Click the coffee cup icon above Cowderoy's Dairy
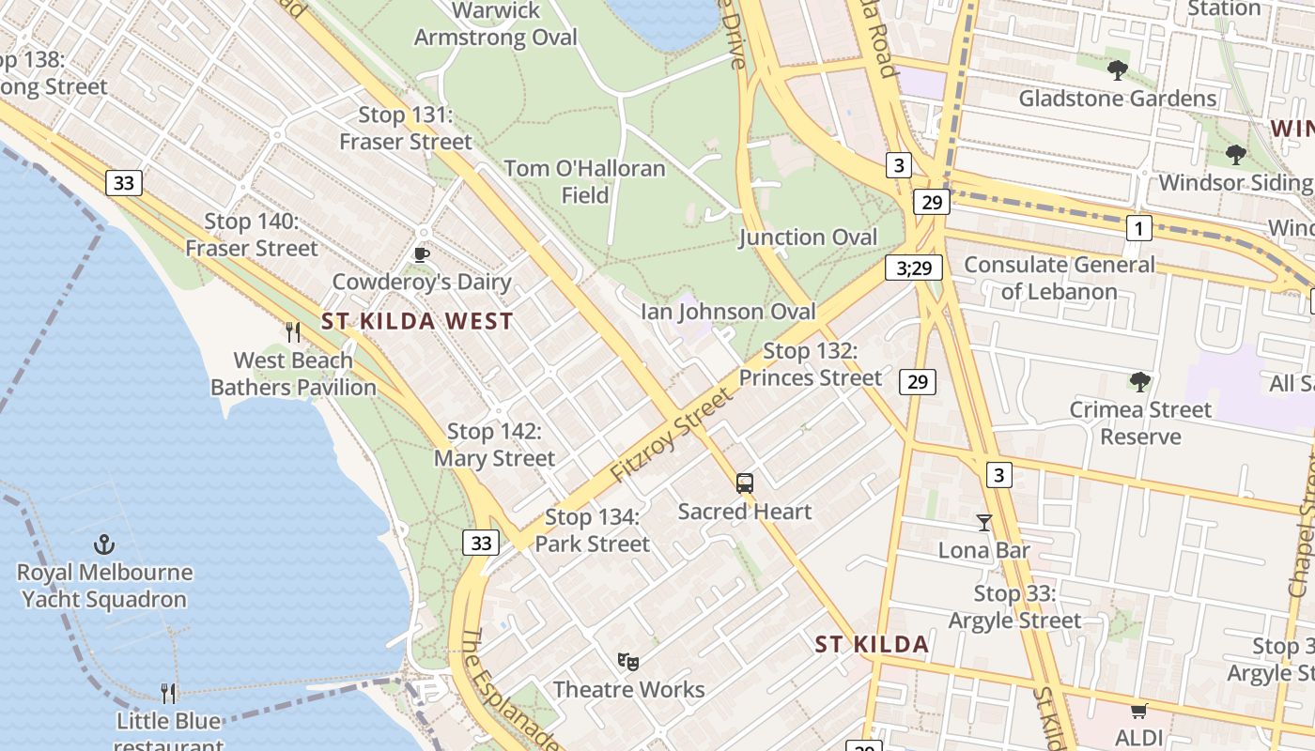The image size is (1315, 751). click(422, 254)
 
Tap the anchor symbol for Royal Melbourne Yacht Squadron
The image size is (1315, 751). click(104, 544)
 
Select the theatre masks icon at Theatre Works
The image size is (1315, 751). click(628, 662)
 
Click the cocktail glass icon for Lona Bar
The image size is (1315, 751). click(983, 523)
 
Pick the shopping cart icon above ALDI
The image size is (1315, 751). click(1138, 711)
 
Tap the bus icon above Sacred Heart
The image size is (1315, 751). click(745, 483)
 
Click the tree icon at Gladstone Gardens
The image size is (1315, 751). click(1117, 70)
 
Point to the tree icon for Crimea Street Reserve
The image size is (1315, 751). click(1139, 382)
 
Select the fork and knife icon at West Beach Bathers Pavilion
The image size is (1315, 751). click(293, 332)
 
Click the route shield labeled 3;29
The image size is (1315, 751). click(913, 268)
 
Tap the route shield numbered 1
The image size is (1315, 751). click(1138, 228)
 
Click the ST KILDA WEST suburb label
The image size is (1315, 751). click(417, 321)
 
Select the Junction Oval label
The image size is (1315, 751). click(808, 238)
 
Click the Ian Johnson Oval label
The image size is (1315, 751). click(728, 312)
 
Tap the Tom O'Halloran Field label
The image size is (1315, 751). click(585, 182)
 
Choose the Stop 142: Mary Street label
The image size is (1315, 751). click(494, 445)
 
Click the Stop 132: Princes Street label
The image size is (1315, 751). click(810, 364)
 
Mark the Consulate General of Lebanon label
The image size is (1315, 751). click(1059, 278)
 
